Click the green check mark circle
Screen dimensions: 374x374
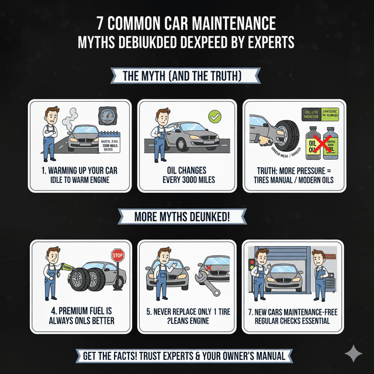coord(215,117)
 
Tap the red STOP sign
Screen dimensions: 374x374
coord(118,255)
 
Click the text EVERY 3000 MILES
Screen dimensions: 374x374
coord(186,180)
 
